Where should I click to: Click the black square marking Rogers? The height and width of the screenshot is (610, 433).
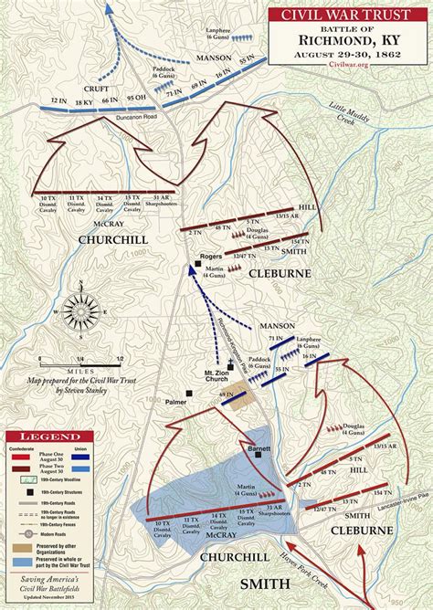[x=197, y=265]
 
